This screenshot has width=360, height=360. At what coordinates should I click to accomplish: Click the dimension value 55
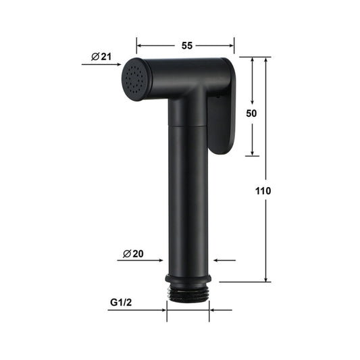tap(186, 45)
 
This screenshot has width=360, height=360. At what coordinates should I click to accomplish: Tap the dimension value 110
tap(264, 191)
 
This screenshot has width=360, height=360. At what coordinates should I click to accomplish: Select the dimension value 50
tap(252, 113)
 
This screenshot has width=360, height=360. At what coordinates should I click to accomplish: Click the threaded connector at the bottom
tap(188, 292)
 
